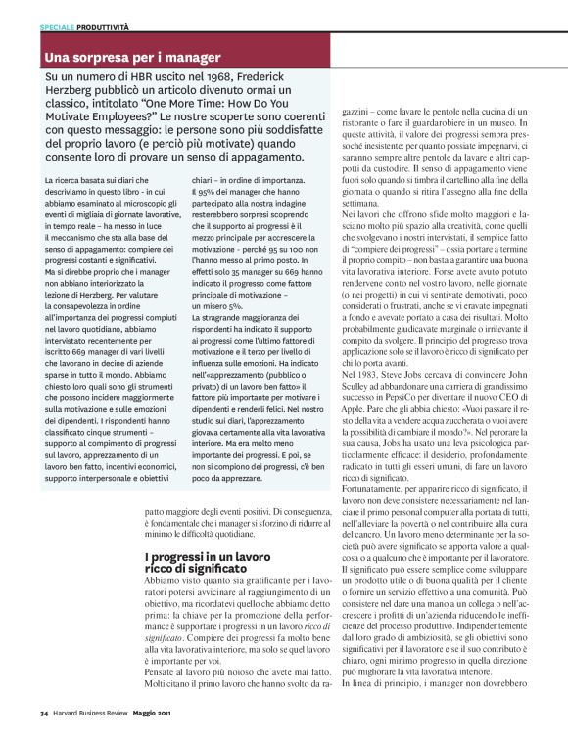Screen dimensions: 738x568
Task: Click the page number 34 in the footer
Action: [44, 713]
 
